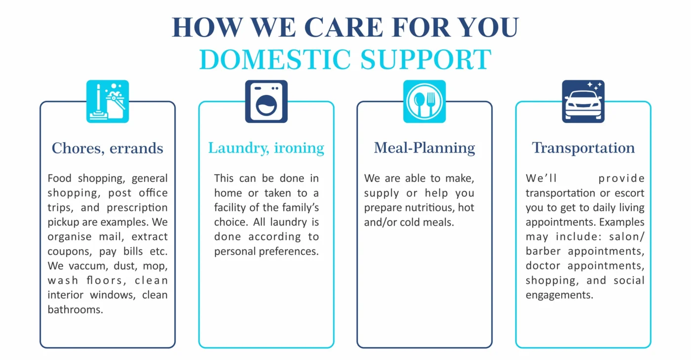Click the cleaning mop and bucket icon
pos(108,101)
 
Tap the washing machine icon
pos(267,101)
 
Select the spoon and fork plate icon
pos(424,101)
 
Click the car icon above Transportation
pos(583,101)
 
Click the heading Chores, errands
pos(108,148)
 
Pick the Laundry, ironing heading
pos(266,148)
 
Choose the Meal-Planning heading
pos(424,148)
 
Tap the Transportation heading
pos(583,148)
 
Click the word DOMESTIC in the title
pos(275,60)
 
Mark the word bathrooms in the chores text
pos(76,310)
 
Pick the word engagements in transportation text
pos(559,295)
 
